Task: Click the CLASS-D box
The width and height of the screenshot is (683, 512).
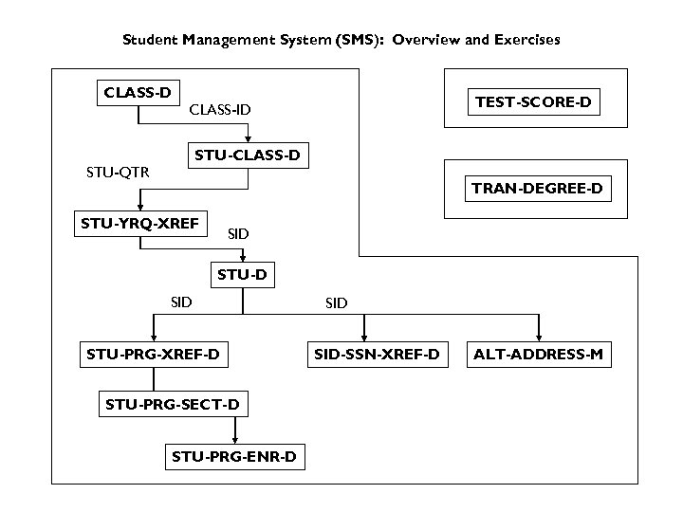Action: [x=138, y=93]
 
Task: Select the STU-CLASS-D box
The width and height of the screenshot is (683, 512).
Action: [x=248, y=155]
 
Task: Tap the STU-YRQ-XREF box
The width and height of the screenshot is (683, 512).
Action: [x=139, y=224]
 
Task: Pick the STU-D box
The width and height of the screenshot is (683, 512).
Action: [x=243, y=276]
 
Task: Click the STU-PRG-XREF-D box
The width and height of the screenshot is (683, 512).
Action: [x=153, y=356]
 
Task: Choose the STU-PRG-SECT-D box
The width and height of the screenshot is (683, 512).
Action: [x=173, y=406]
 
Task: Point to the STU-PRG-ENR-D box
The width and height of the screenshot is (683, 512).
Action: [x=234, y=457]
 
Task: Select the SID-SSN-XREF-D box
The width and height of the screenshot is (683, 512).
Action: [x=377, y=356]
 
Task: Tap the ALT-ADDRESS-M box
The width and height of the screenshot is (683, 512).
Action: [x=539, y=356]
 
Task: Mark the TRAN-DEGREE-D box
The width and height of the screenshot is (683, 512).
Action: [x=537, y=189]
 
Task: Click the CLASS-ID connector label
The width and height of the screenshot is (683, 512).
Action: [x=220, y=110]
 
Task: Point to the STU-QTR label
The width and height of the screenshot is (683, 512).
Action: [x=111, y=173]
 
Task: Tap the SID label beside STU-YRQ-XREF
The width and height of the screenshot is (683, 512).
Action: [x=239, y=233]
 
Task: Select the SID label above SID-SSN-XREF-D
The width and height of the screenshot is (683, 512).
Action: [x=336, y=303]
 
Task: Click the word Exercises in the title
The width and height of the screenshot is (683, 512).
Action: [x=520, y=40]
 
